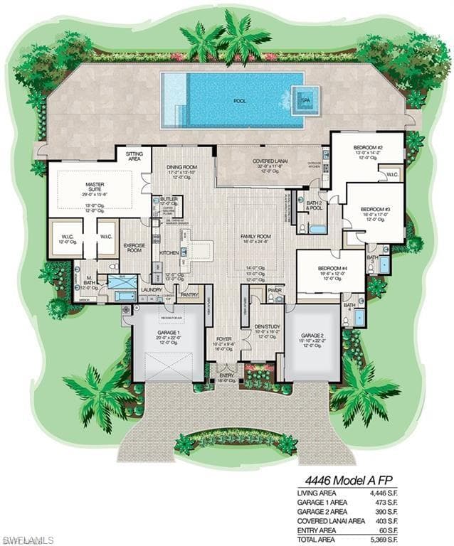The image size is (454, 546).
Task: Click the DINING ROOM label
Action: (x=181, y=167)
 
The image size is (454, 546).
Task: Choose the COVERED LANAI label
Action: (x=270, y=161)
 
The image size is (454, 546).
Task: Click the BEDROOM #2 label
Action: (x=368, y=148)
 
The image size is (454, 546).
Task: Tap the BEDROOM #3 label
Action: (x=377, y=209)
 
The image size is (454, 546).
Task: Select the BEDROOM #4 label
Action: (x=332, y=268)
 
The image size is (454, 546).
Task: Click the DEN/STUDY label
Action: (x=267, y=326)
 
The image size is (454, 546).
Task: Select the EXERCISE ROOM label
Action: (x=134, y=248)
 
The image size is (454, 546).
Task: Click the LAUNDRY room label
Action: (x=152, y=289)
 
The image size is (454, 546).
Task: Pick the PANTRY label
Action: (x=189, y=294)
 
